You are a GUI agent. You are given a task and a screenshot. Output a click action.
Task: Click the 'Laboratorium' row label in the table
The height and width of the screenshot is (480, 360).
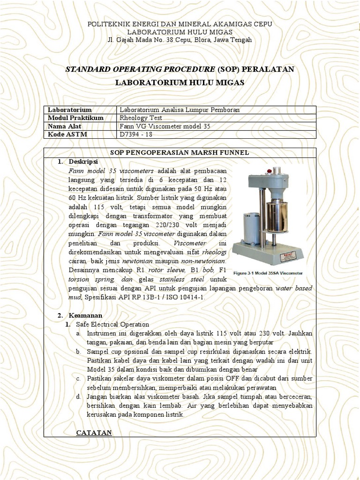69,110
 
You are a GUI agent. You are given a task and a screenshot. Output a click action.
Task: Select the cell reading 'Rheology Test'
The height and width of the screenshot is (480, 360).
141,118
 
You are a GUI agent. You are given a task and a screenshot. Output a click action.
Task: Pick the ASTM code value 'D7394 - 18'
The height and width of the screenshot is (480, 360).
136,135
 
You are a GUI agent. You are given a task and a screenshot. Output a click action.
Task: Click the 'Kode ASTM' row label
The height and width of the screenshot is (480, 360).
67,135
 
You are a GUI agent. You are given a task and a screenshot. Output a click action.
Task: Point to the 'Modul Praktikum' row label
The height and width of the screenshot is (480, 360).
75,118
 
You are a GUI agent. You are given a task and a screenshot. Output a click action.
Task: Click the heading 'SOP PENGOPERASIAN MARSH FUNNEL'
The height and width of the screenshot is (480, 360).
180,153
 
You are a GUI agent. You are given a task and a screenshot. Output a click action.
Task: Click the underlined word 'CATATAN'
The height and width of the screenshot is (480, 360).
94,433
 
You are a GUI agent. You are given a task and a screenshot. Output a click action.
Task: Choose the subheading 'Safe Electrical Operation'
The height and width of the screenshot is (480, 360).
112,324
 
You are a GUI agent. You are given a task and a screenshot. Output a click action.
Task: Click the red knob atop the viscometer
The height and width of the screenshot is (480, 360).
269,171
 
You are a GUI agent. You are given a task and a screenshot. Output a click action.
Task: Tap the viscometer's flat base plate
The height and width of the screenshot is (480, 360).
268,253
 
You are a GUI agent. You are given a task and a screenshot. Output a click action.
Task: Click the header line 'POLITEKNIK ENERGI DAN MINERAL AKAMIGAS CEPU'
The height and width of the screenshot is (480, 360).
180,24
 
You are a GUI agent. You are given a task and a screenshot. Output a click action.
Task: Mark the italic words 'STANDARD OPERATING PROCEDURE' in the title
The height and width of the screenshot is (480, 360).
140,69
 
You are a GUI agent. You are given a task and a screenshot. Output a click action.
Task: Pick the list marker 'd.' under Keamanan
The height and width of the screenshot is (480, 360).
79,397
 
